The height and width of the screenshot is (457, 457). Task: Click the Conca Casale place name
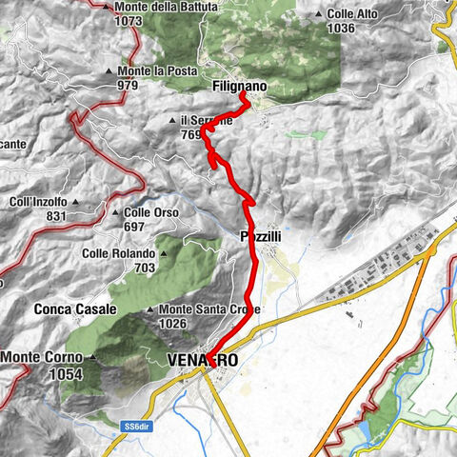click(x=75, y=309)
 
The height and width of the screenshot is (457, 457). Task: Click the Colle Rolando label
click(x=118, y=254)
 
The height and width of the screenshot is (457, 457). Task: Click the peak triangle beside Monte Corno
click(x=92, y=358)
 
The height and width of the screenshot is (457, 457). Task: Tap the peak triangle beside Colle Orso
click(x=114, y=213)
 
